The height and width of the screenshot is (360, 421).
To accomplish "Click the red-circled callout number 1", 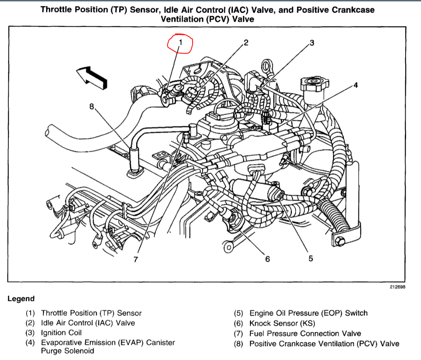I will [x=181, y=42].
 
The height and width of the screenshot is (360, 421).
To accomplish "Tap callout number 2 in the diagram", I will [x=246, y=42].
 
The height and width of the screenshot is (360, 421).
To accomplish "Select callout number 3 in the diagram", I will [x=311, y=42].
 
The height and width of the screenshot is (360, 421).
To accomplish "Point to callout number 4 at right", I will [x=355, y=85].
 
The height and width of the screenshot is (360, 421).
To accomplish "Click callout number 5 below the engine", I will [x=311, y=258].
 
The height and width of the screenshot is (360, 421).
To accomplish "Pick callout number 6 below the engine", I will [x=267, y=259].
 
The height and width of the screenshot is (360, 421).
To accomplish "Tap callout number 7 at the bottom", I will [x=135, y=260].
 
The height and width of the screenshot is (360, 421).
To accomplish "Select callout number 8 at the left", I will [x=92, y=107].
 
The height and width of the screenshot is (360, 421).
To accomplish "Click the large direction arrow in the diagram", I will [x=92, y=77].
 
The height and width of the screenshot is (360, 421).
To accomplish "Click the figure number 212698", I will [x=397, y=287].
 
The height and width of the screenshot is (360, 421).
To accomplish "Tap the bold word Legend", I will [x=21, y=299].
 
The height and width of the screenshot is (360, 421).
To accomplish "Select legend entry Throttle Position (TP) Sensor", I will [x=91, y=313].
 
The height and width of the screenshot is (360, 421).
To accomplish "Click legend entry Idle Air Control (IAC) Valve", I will [x=88, y=323].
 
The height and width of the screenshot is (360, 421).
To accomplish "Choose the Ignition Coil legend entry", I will [x=61, y=333].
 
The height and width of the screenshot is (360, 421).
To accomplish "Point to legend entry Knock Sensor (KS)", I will [x=282, y=323].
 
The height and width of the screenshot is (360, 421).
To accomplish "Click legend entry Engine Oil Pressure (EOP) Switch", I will [x=308, y=313].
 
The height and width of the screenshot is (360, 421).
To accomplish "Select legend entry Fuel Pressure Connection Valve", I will [x=305, y=333].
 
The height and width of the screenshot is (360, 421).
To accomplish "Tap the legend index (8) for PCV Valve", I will [x=239, y=343].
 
